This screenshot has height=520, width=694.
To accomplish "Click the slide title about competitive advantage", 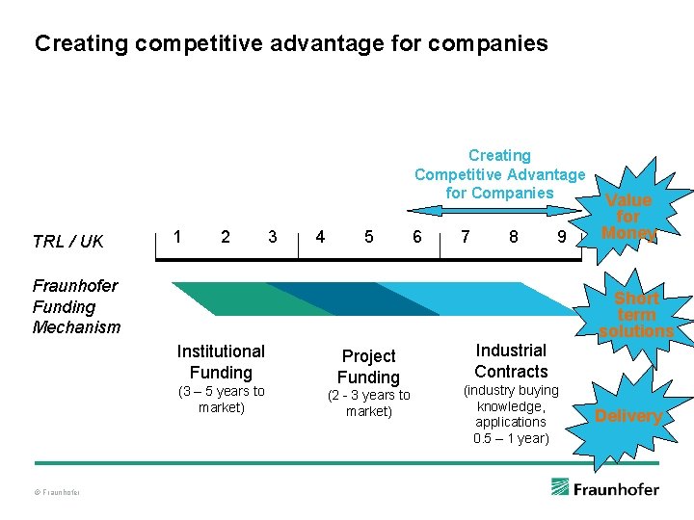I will [291, 43].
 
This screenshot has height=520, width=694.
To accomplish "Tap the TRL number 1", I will [176, 237].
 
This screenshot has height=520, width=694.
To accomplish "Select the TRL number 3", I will [273, 237].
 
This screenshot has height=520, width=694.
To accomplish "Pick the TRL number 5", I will [368, 237].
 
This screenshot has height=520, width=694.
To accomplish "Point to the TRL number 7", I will [466, 237].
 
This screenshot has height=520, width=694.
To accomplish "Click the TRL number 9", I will [561, 237].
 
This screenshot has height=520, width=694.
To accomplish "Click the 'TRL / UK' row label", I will [67, 241].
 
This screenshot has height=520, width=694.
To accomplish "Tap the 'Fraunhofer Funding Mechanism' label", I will [76, 306].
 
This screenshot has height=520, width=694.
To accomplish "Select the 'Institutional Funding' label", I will [221, 362].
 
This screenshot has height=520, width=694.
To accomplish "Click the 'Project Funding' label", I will [368, 367].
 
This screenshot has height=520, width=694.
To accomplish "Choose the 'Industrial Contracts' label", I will [511, 361].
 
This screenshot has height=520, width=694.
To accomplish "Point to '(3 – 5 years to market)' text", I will [221, 399].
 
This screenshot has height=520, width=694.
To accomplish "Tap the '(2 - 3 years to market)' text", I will [368, 403].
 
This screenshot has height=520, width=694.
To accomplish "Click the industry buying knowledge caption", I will [511, 414].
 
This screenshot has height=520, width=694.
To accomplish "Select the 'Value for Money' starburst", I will [628, 217].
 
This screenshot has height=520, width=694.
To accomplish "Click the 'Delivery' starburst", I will [627, 416].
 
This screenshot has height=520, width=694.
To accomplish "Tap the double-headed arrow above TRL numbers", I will [500, 209].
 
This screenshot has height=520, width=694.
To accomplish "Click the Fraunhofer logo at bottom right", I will [605, 488].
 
